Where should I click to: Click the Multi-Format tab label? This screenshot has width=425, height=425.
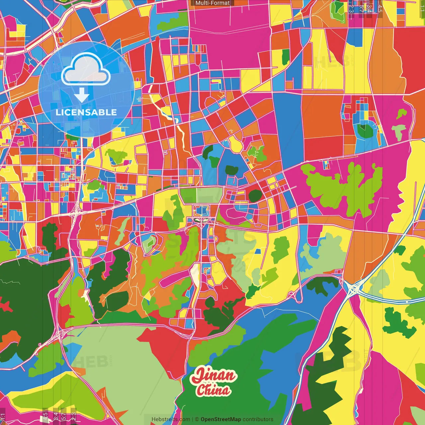[x=212, y=3]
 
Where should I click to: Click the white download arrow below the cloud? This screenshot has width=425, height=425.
[x=82, y=95]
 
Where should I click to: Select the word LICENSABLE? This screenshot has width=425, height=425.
[x=86, y=112]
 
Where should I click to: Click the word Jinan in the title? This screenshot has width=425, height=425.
[x=214, y=376]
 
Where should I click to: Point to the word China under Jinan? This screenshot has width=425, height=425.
[x=213, y=390]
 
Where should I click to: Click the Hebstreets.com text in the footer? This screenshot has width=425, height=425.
[x=171, y=419]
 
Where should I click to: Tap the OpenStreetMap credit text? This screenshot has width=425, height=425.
[x=221, y=419]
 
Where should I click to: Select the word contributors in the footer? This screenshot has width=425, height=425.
[x=258, y=419]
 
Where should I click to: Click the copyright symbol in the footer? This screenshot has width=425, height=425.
[x=197, y=419]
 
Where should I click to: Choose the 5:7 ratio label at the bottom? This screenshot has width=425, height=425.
[x=63, y=416]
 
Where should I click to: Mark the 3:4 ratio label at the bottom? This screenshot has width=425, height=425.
[x=56, y=416]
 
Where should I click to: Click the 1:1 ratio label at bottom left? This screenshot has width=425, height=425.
[x=3, y=416]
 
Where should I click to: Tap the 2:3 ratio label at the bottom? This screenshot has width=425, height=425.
[x=73, y=416]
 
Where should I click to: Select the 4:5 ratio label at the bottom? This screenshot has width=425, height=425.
[x=45, y=416]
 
